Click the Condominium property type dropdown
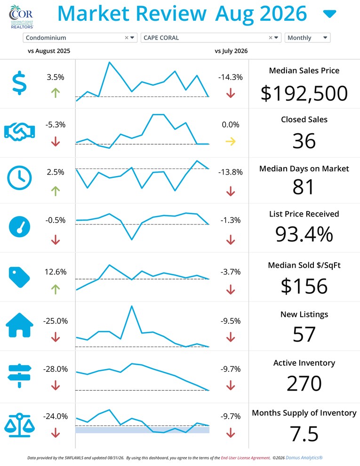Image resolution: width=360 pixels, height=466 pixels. click(80, 38)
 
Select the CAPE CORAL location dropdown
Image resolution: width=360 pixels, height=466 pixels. click(211, 38)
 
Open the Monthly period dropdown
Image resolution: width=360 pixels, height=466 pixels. click(307, 38)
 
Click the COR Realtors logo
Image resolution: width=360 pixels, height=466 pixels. click(21, 16)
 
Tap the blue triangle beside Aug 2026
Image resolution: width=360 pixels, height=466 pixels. click(329, 14)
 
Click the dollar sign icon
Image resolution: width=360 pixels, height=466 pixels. click(19, 83)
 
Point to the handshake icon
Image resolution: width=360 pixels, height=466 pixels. click(20, 132)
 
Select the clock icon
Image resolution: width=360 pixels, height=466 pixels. click(19, 178)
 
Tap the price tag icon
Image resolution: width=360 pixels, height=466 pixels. click(19, 277)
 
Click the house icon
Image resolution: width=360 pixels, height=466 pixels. click(20, 325)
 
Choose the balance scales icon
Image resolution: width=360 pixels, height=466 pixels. click(20, 425)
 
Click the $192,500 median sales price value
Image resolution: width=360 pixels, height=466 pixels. click(304, 93)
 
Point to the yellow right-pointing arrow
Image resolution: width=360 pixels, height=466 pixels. click(231, 142)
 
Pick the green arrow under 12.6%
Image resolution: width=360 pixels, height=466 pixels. click(56, 289)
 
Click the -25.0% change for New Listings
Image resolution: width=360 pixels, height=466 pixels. click(56, 321)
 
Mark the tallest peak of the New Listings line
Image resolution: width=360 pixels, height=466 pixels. click(132, 306)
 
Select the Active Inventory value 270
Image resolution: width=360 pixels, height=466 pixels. click(304, 383)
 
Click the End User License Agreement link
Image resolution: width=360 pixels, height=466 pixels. click(245, 458)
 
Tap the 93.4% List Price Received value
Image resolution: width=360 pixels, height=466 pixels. click(304, 234)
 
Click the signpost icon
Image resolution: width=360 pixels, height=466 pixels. click(20, 376)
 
